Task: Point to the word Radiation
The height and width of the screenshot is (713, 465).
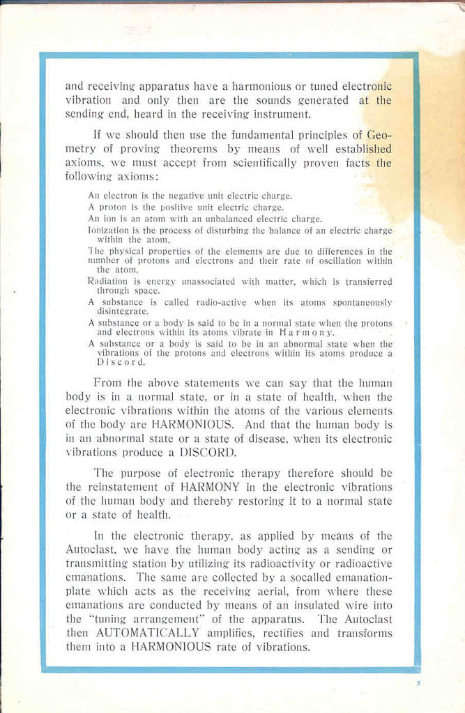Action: pyautogui.click(x=107, y=282)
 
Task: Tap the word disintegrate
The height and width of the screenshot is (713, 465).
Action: pyautogui.click(x=123, y=311)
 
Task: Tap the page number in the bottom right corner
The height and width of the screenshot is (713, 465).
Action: pyautogui.click(x=418, y=684)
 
